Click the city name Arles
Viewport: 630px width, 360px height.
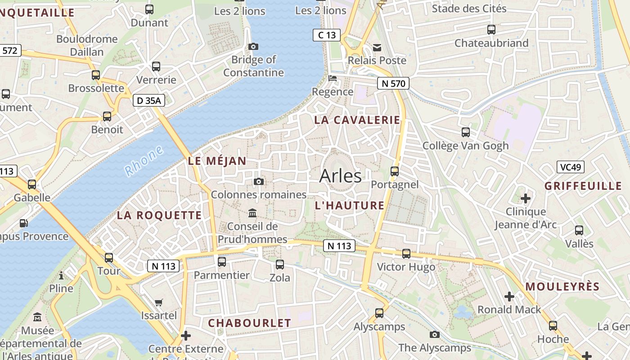(340, 176)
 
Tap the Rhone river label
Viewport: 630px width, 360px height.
(144, 161)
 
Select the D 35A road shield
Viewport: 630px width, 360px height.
(148, 100)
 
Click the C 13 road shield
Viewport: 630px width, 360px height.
(327, 35)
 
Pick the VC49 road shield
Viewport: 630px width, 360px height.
(570, 167)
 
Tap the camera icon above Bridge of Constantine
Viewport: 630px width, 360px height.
(253, 46)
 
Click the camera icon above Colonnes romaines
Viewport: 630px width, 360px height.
(259, 181)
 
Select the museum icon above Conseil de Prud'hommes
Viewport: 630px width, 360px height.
(252, 213)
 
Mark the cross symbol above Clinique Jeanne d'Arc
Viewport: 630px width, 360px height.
(525, 198)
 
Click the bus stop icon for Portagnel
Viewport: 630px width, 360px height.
(395, 171)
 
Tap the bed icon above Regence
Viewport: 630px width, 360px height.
(333, 78)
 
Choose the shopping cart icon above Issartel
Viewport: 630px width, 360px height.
(158, 302)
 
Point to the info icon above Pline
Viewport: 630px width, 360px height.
(61, 275)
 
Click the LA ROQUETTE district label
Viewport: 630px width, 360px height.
(159, 215)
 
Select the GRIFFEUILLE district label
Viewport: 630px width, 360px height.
(583, 186)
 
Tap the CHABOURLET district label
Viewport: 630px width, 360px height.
(249, 323)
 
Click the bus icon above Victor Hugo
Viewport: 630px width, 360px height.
(406, 254)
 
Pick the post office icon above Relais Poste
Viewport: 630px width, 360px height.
(377, 47)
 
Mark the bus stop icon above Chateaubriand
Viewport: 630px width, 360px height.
(491, 30)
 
